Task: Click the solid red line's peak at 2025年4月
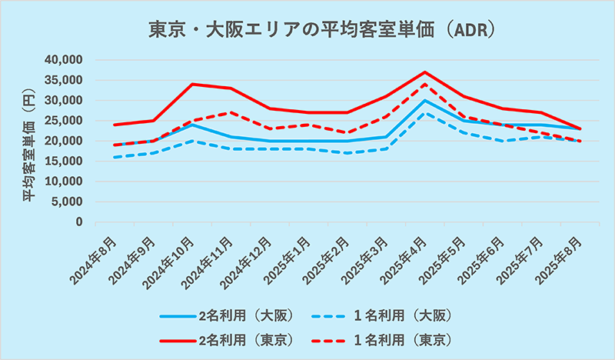tap(425, 72)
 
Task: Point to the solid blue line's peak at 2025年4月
tap(425, 101)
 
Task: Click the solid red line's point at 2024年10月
tap(191, 84)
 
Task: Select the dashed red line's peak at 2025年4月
tap(425, 85)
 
